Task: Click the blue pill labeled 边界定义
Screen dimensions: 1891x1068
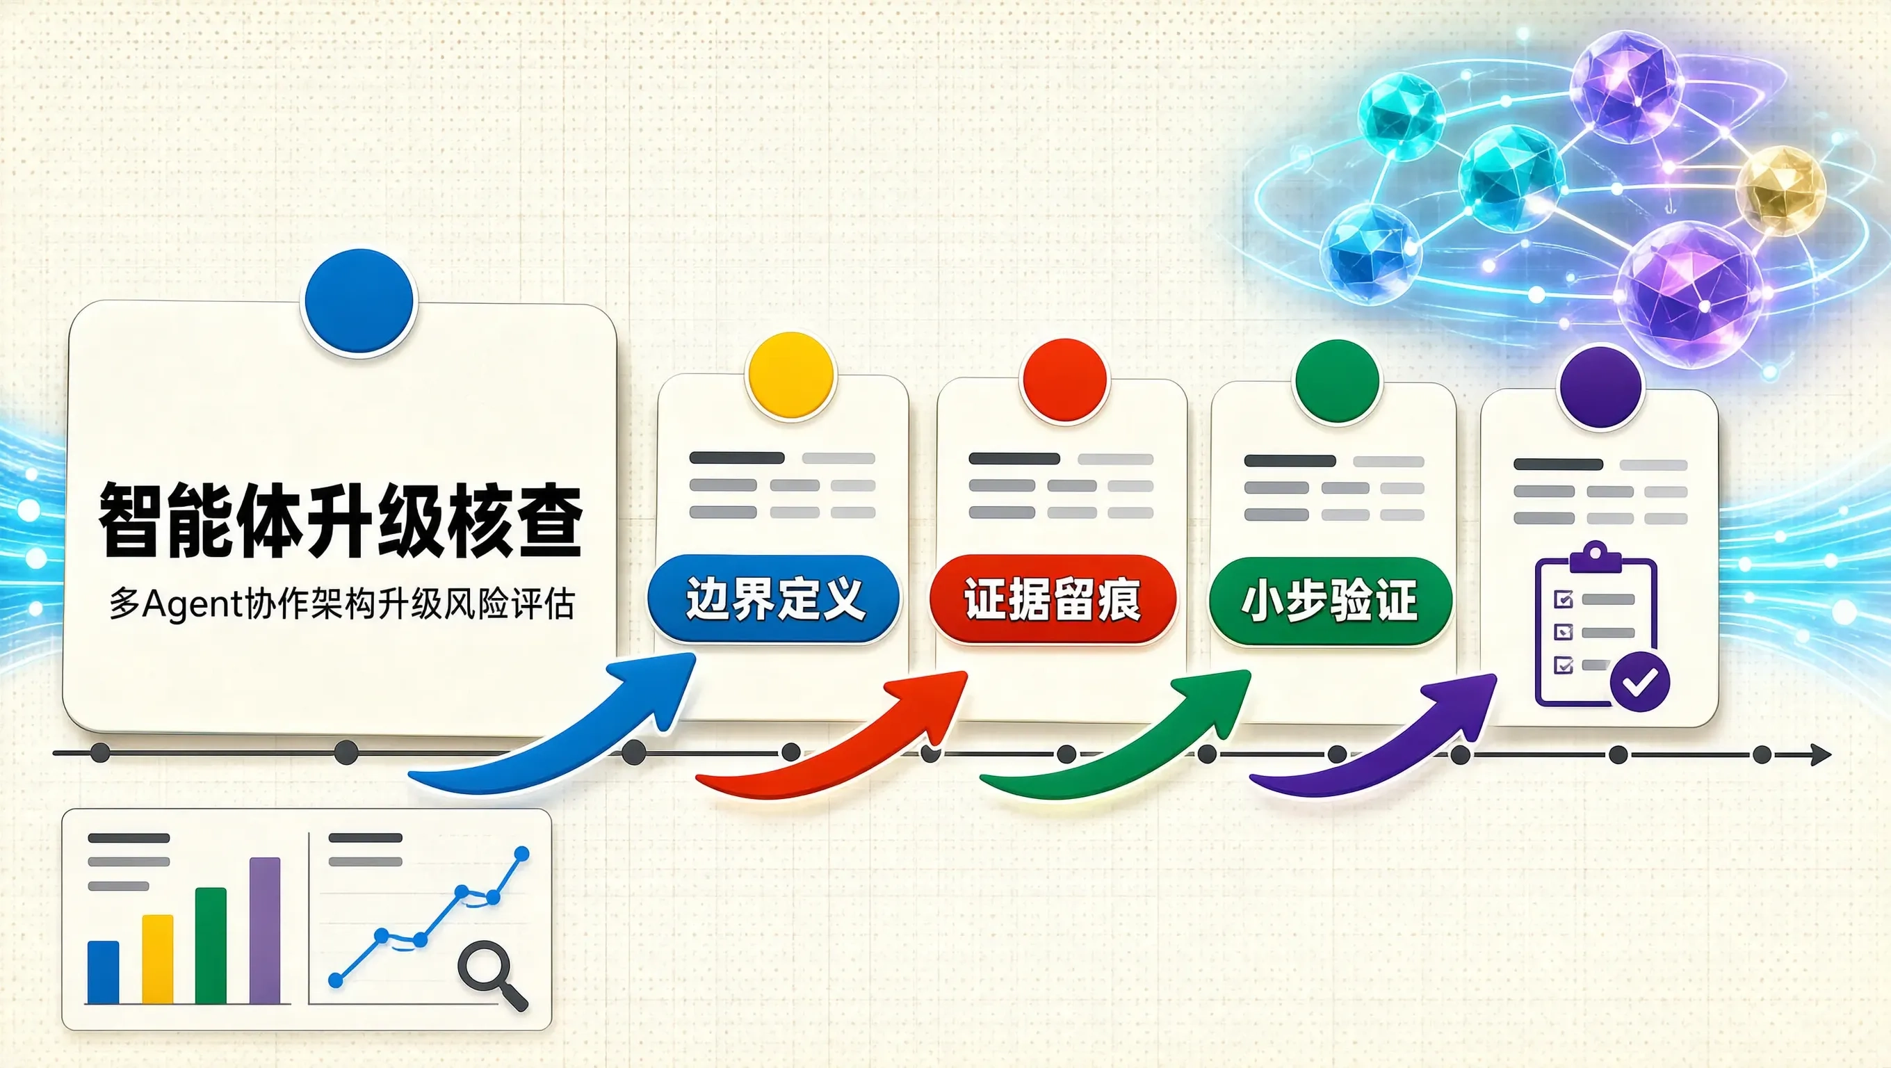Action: click(774, 599)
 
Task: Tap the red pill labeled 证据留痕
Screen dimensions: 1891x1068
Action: click(1053, 599)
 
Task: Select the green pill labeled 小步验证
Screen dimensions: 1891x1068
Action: click(1330, 601)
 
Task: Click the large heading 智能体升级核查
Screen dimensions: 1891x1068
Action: click(341, 519)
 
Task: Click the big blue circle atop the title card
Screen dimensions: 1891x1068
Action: click(359, 302)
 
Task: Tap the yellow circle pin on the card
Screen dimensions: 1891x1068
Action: click(790, 376)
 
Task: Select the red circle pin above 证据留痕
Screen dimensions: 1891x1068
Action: click(1064, 380)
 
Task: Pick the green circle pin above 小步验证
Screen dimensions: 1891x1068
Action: click(1337, 381)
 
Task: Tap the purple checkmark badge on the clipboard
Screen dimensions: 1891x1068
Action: click(1640, 682)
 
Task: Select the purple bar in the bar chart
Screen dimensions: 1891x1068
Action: click(265, 930)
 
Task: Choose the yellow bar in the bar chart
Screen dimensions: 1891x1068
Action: click(157, 959)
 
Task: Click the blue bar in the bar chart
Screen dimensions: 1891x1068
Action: click(103, 972)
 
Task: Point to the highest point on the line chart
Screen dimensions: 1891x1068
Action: click(522, 854)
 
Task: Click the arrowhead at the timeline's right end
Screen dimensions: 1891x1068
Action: click(1821, 754)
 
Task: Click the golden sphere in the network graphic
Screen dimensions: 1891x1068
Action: click(1780, 190)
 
